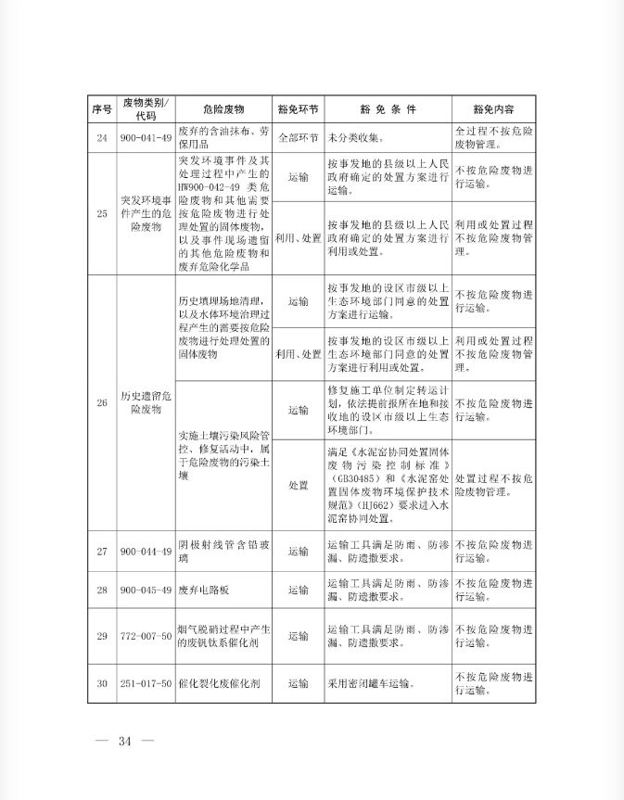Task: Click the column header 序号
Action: pyautogui.click(x=102, y=108)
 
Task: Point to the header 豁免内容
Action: pyautogui.click(x=493, y=108)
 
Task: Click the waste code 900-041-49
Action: pyautogui.click(x=146, y=137)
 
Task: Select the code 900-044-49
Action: pyautogui.click(x=146, y=552)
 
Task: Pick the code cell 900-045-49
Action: pyautogui.click(x=146, y=590)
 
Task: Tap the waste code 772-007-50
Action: pyautogui.click(x=146, y=636)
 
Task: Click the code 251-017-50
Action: pyautogui.click(x=146, y=684)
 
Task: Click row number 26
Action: pyautogui.click(x=102, y=402)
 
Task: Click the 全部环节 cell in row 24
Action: pyautogui.click(x=298, y=137)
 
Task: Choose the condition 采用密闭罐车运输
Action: pyautogui.click(x=369, y=684)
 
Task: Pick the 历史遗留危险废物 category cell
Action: pyautogui.click(x=146, y=402)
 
